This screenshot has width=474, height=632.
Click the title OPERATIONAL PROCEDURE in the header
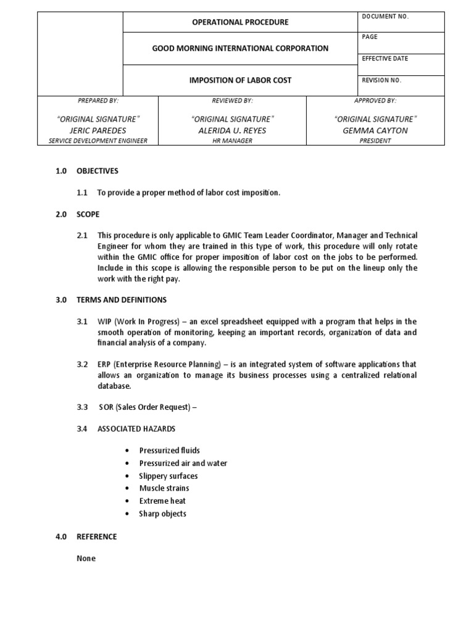point(241,22)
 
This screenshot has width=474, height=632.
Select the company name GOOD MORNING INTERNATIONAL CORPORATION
point(241,48)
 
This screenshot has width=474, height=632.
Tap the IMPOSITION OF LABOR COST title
point(241,80)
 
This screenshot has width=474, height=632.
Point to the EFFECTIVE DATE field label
point(385,59)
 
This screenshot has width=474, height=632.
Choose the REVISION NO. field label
point(382,80)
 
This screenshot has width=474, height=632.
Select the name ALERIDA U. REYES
point(233,130)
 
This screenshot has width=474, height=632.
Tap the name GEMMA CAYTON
point(375,130)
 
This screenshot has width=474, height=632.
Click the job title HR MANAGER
point(233,141)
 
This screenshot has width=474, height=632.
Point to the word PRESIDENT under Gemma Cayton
point(375,141)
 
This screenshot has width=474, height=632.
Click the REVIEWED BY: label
point(233,100)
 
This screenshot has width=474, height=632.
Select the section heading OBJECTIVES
point(97,171)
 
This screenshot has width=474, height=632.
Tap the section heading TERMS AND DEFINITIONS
point(122,300)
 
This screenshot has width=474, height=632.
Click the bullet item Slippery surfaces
point(168,476)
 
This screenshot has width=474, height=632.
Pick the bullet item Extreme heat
point(162,501)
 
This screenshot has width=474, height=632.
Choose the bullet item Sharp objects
point(162,513)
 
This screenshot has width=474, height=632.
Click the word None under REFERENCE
point(86,559)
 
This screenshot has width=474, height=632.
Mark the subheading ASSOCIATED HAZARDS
point(136,428)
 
